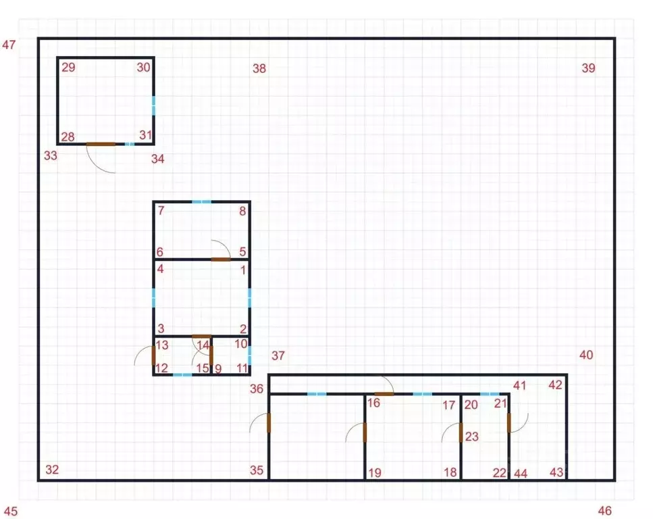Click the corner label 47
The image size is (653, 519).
coord(9,45)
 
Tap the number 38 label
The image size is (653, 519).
coord(259,68)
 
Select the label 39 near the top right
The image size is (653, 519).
coord(588,68)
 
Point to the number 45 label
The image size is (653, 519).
coord(11,512)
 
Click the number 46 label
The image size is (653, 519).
coord(604,511)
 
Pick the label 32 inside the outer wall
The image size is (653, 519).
coord(52,470)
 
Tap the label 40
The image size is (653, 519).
coord(586,355)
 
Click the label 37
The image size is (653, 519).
coord(278,355)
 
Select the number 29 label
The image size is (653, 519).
coord(68,68)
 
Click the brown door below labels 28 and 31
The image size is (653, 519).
coord(101,144)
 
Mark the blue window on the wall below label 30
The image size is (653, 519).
coord(154,106)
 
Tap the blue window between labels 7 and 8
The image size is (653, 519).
coord(201,202)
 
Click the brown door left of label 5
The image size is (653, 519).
coord(221,259)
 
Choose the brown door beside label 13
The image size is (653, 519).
coord(154,355)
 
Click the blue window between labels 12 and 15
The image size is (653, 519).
coord(182,375)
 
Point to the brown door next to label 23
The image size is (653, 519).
coord(461,432)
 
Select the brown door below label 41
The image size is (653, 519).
coord(509,423)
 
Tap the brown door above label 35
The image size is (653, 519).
coord(269,423)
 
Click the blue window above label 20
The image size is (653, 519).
coord(490,394)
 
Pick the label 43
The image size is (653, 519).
coord(556,472)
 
